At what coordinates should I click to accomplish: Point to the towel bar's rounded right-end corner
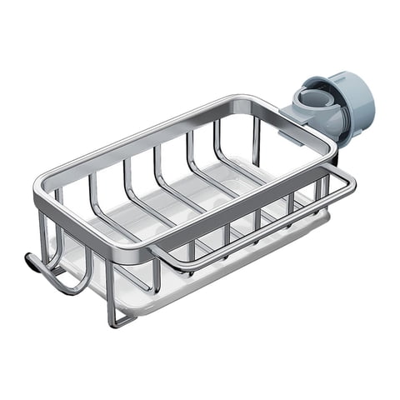coord(350,180)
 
